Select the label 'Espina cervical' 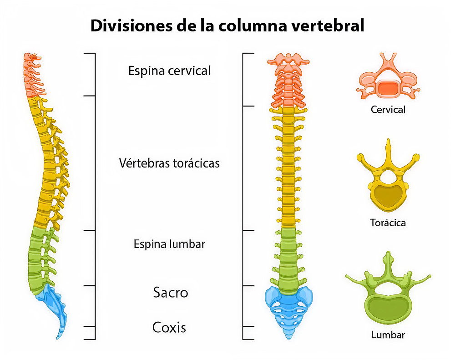point(169,71)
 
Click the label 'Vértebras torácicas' point(169,163)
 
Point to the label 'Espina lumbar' point(169,244)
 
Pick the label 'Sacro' point(170,292)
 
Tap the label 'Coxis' point(169,327)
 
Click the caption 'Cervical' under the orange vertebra point(388,110)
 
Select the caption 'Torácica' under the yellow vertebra point(388,223)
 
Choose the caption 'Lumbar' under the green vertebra point(388,335)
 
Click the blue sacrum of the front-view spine point(288,305)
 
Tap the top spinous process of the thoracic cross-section point(388,148)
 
